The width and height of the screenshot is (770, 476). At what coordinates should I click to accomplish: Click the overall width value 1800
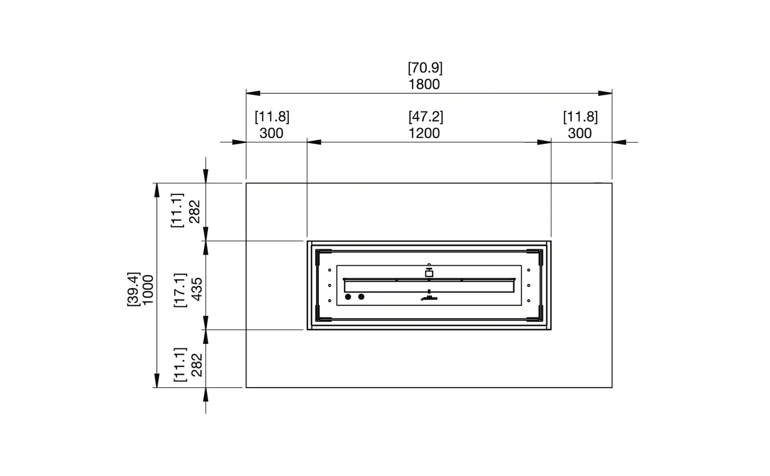[424, 84]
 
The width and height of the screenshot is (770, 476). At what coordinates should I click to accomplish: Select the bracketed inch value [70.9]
[425, 68]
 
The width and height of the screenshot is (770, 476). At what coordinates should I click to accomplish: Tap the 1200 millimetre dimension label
[424, 133]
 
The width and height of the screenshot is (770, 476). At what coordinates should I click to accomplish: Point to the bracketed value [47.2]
[426, 117]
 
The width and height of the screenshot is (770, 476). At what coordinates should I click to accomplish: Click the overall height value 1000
[148, 290]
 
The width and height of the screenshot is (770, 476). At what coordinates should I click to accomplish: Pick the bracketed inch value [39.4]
[133, 289]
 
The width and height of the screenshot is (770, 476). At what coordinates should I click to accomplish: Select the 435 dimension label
[197, 289]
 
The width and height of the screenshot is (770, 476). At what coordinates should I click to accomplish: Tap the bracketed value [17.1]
[180, 290]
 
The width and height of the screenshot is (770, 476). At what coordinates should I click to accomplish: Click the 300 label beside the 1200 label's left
[271, 133]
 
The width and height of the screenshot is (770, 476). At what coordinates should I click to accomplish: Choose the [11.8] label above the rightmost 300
[580, 117]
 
